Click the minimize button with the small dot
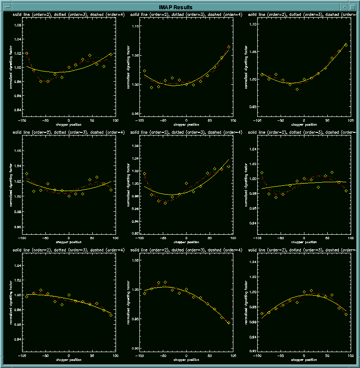point(344,8)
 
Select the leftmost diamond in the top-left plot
point(26,53)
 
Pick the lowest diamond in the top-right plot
point(297,89)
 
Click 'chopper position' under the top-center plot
point(186,124)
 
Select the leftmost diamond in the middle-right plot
point(262,173)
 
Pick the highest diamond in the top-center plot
point(229,46)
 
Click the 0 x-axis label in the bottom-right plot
point(304,356)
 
